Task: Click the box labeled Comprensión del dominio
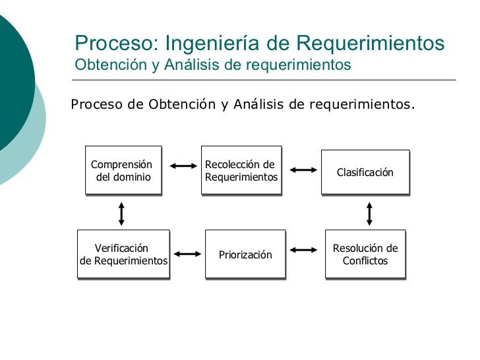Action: point(123,170)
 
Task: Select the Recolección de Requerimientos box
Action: point(241,170)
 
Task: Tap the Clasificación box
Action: point(365,172)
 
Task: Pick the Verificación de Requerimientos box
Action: point(123,254)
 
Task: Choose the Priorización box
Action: point(245,254)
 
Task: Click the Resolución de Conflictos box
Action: point(365,254)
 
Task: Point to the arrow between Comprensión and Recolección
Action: point(183,166)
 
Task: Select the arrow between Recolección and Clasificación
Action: point(303,169)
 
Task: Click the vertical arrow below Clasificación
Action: point(369,214)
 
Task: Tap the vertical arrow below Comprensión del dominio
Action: point(121,214)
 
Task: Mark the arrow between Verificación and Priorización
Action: point(188,253)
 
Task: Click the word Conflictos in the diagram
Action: point(365,260)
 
